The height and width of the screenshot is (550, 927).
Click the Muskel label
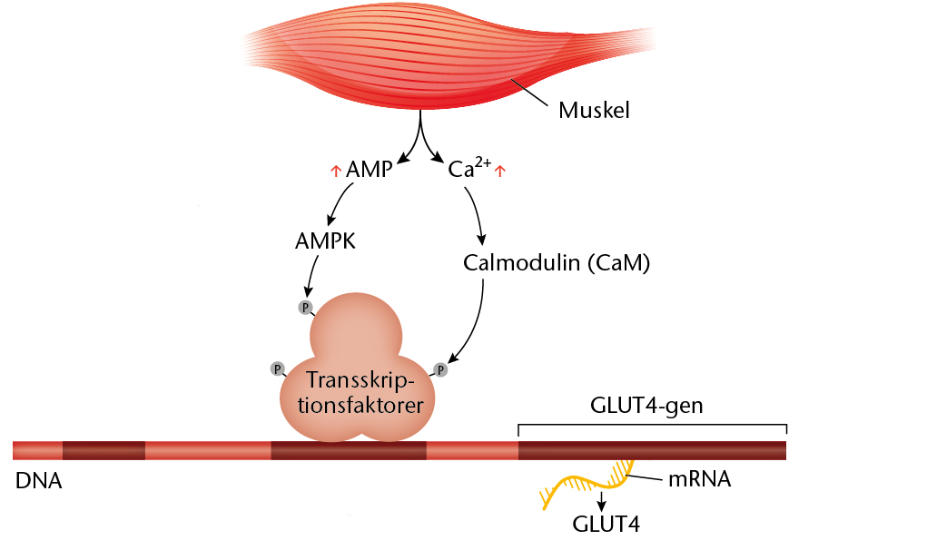point(594,112)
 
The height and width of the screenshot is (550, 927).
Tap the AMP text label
point(369,170)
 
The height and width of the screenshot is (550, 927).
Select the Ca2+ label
point(468,168)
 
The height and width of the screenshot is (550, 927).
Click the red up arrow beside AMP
point(335,170)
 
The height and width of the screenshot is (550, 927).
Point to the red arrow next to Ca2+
point(499,170)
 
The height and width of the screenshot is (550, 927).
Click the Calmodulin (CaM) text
point(557,263)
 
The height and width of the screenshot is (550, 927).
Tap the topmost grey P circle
point(306,307)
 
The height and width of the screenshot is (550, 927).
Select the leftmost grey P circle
point(278,368)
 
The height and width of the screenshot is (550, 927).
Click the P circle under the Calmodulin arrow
point(441,369)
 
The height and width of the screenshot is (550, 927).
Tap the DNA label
point(38,481)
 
